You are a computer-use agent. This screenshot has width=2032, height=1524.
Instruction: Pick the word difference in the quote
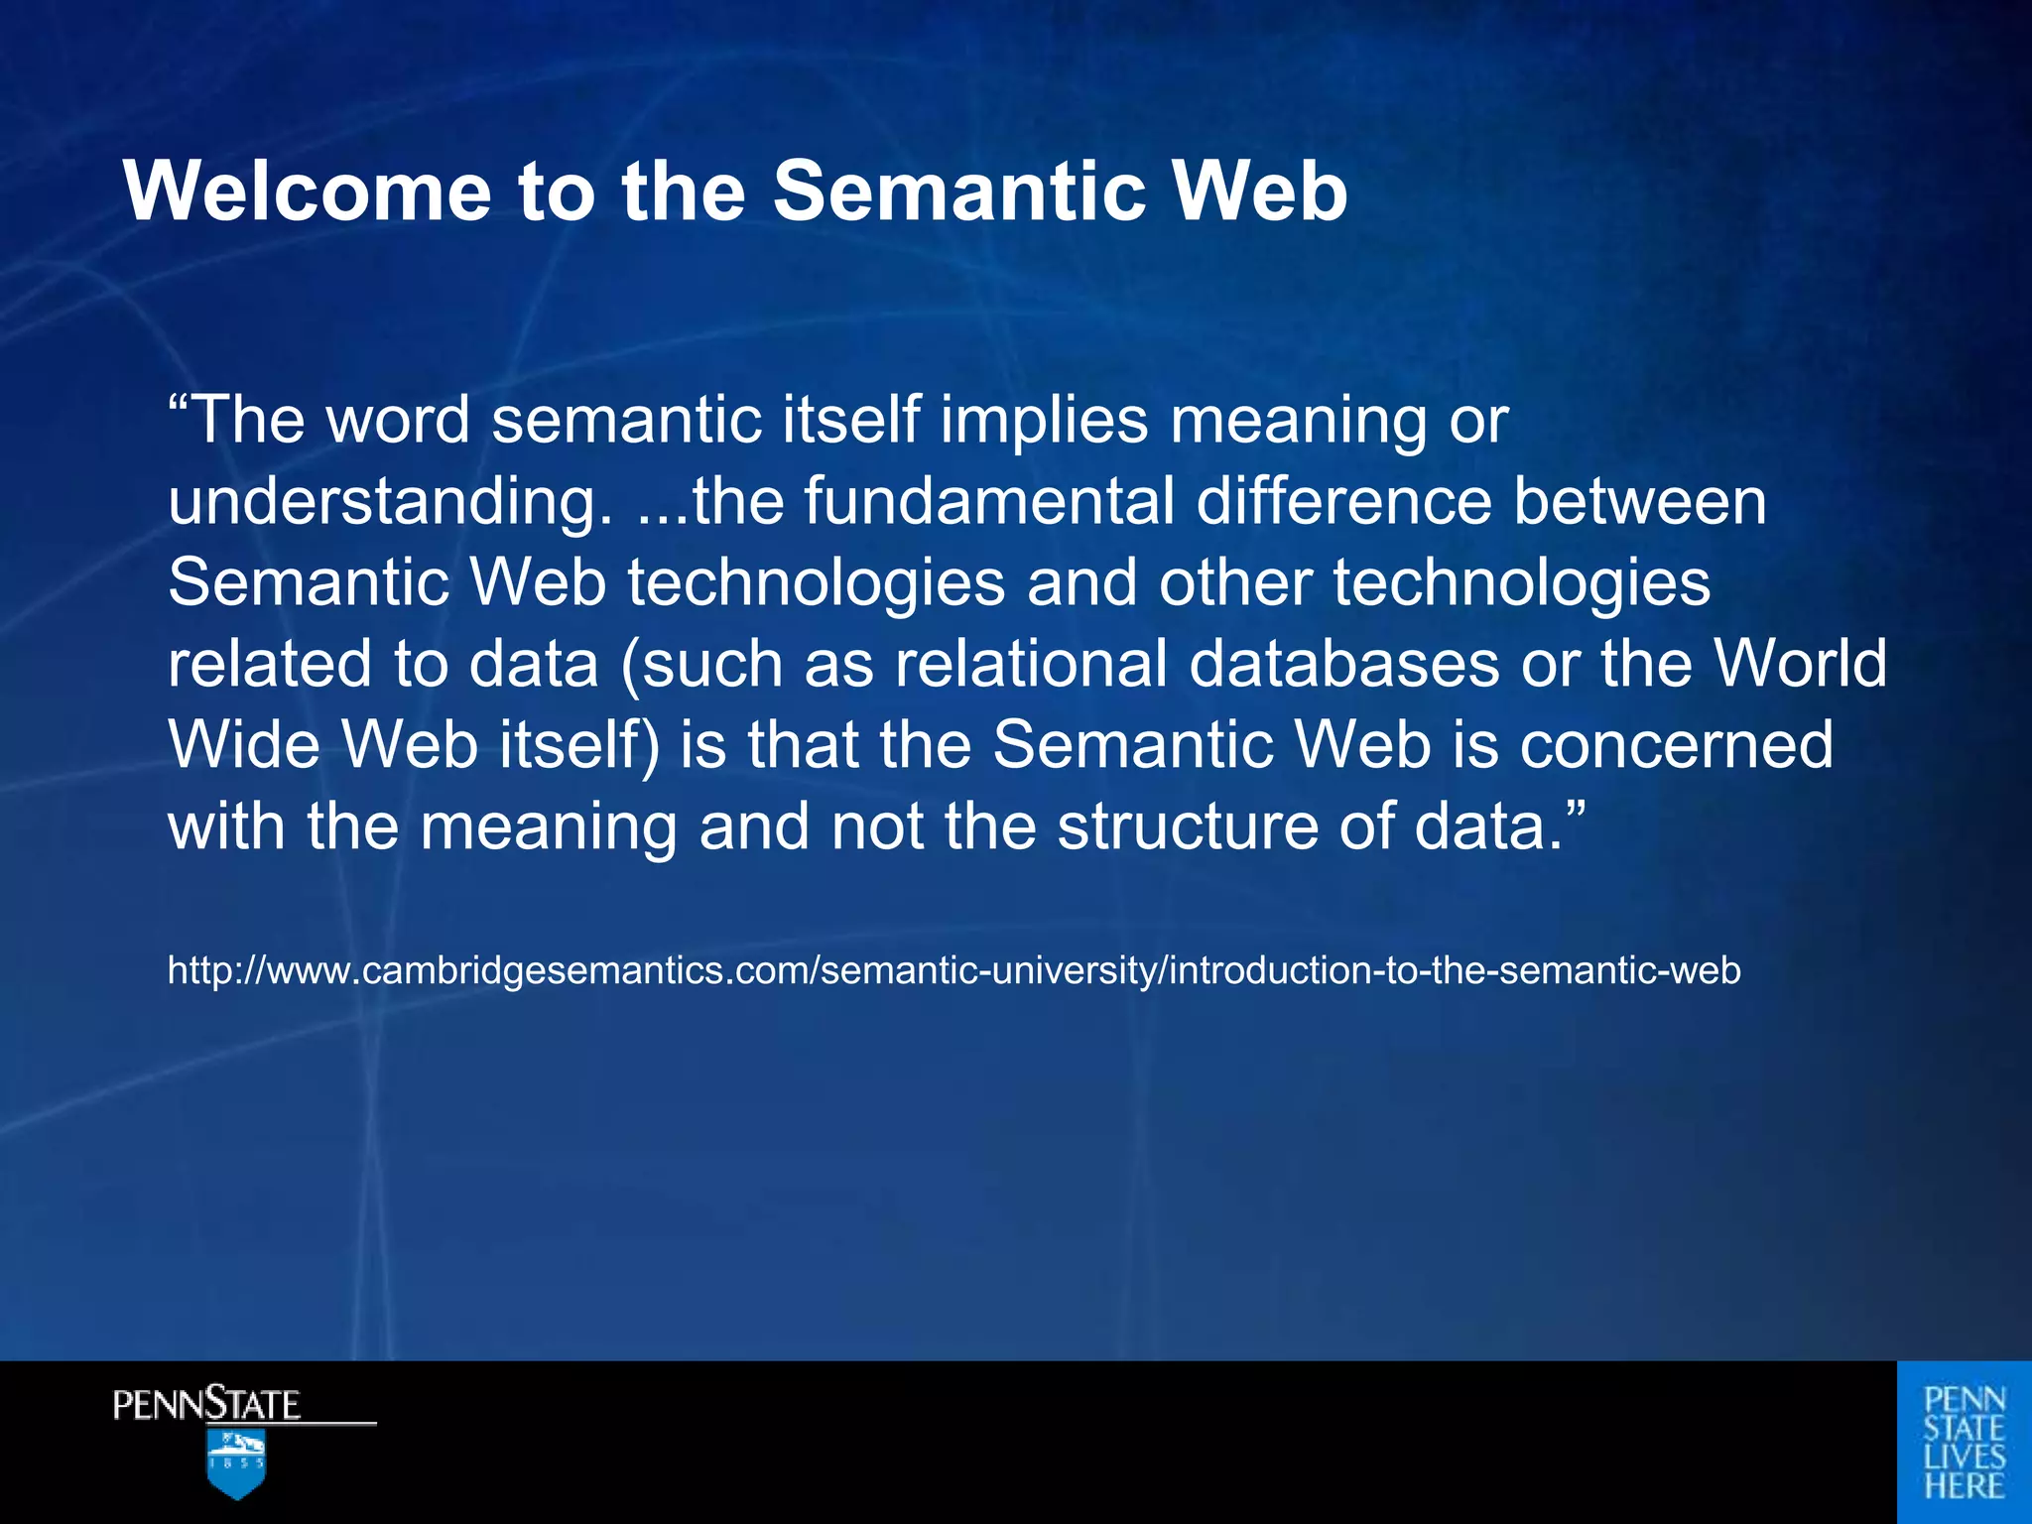point(1343,501)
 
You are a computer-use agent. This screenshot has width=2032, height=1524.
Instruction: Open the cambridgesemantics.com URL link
point(953,969)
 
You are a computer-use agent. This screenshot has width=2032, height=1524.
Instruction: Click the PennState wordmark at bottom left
point(206,1405)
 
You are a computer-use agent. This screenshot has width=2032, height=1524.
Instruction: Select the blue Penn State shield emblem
point(236,1463)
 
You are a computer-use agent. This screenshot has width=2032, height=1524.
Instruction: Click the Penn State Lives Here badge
point(1964,1442)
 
